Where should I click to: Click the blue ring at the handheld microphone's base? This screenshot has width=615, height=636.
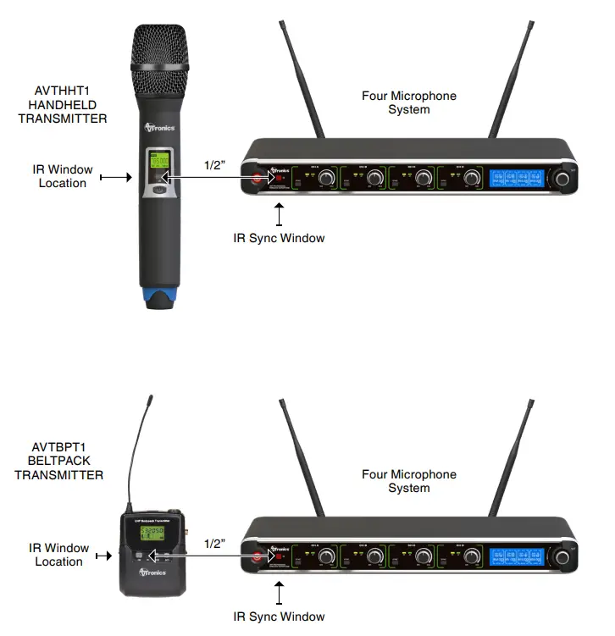click(159, 296)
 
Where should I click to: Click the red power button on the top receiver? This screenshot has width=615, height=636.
click(256, 177)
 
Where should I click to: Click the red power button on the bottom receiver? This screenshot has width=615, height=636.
click(256, 556)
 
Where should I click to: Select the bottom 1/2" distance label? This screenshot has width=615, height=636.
click(214, 541)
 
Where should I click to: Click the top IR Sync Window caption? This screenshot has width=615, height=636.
click(279, 238)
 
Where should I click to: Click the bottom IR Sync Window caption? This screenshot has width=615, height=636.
click(279, 616)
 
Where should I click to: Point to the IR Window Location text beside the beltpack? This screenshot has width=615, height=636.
click(59, 555)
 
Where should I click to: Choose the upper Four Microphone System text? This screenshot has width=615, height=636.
click(408, 102)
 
